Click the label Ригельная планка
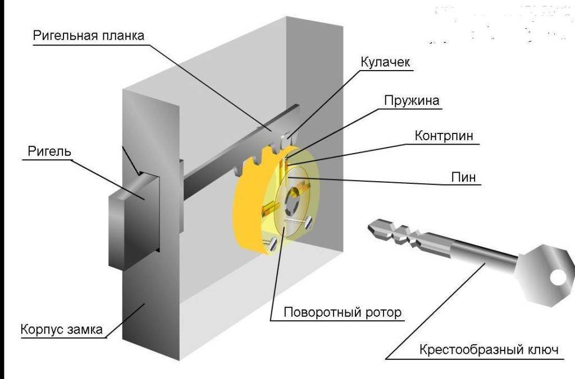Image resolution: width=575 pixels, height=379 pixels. tap(88, 35)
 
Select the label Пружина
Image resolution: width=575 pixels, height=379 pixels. tap(412, 100)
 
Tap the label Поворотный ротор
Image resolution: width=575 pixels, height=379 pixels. tap(343, 312)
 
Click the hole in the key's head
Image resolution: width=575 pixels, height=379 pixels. tap(558, 276)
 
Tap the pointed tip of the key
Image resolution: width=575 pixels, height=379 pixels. tap(372, 227)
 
